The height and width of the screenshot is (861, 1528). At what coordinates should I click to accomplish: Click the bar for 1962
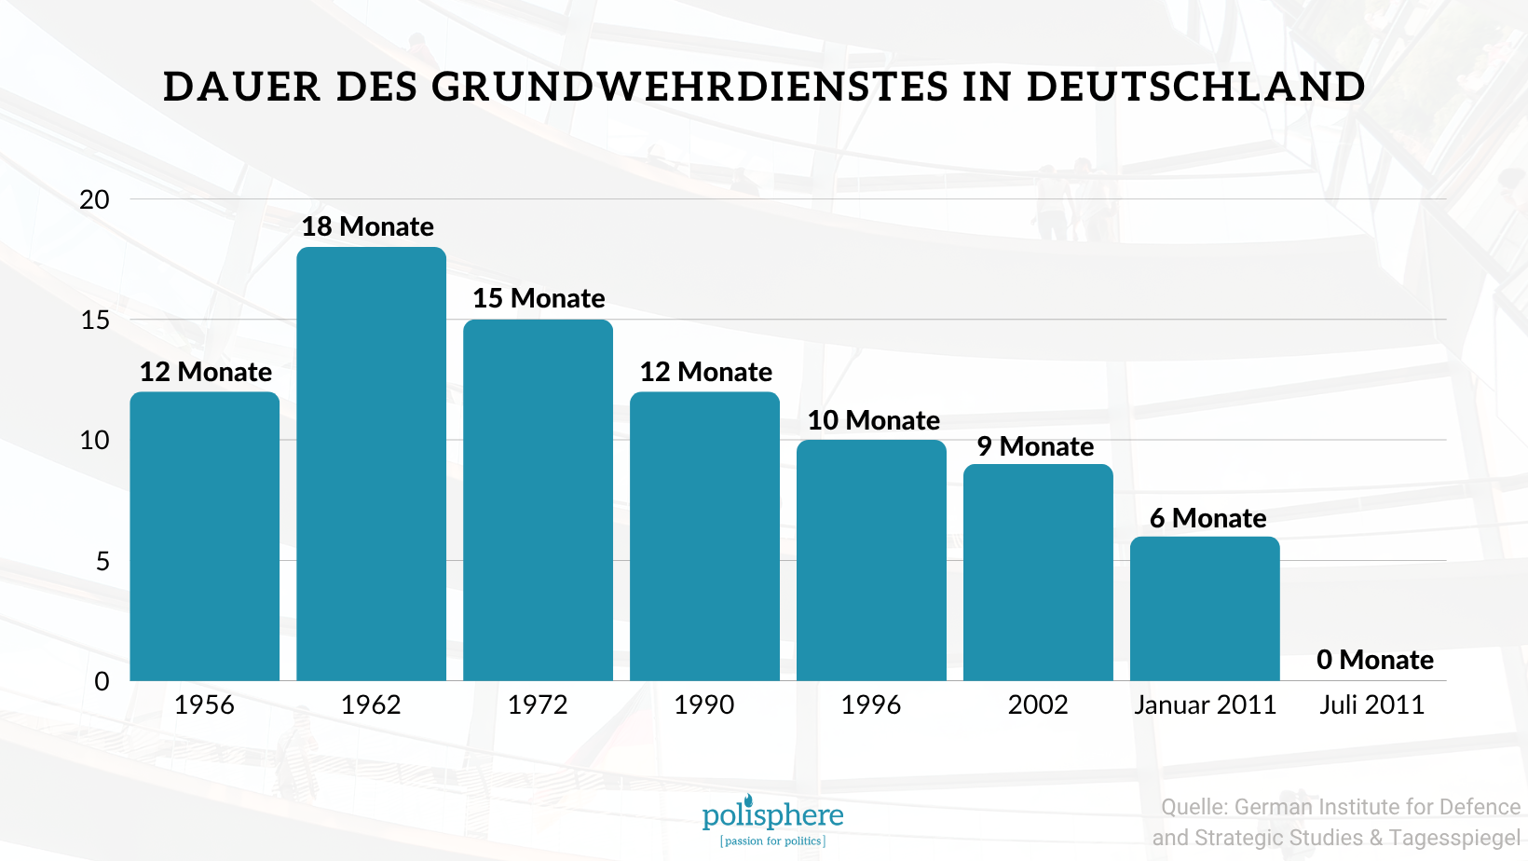pyautogui.click(x=371, y=464)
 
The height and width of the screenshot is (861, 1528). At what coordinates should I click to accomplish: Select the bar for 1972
pyautogui.click(x=538, y=500)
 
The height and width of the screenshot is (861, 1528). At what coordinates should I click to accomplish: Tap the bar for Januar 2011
pyautogui.click(x=1205, y=608)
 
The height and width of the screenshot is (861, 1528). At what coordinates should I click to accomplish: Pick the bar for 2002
pyautogui.click(x=1038, y=572)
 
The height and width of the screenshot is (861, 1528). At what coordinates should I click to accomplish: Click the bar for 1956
pyautogui.click(x=204, y=536)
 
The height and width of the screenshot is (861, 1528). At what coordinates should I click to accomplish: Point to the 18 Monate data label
pyautogui.click(x=367, y=226)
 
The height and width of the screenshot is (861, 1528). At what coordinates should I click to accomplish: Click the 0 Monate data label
pyautogui.click(x=1374, y=660)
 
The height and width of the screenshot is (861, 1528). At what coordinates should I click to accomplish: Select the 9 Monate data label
pyautogui.click(x=1035, y=446)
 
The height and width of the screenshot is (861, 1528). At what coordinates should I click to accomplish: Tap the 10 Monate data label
pyautogui.click(x=873, y=420)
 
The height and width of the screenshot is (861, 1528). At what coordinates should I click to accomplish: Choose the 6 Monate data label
pyautogui.click(x=1207, y=518)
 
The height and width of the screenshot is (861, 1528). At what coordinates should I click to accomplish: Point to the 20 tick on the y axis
pyautogui.click(x=94, y=199)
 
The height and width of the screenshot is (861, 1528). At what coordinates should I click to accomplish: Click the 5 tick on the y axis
pyautogui.click(x=102, y=561)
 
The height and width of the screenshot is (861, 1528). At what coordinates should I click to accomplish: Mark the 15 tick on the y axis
pyautogui.click(x=95, y=321)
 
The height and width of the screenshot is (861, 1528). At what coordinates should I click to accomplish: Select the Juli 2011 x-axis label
pyautogui.click(x=1371, y=704)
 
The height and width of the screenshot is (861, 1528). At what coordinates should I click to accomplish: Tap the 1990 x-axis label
pyautogui.click(x=704, y=704)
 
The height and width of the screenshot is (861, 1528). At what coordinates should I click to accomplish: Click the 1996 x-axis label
pyautogui.click(x=871, y=704)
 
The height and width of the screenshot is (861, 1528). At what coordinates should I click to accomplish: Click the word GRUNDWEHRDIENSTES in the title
pyautogui.click(x=690, y=88)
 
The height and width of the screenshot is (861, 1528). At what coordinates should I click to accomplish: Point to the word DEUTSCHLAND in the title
pyautogui.click(x=1195, y=88)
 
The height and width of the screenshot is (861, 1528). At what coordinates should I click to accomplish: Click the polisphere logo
pyautogui.click(x=772, y=820)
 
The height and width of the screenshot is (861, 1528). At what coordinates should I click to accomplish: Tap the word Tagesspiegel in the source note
pyautogui.click(x=1454, y=838)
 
